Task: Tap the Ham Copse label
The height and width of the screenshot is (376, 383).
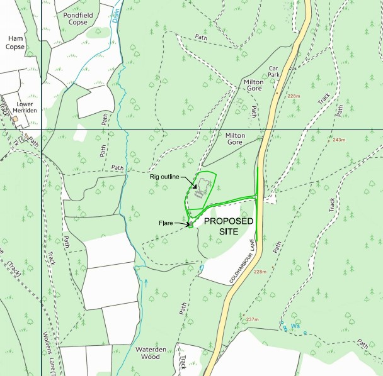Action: (x=14, y=42)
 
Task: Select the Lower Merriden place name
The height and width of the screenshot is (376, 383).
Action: (x=25, y=106)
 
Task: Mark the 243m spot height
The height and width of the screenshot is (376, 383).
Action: (x=340, y=139)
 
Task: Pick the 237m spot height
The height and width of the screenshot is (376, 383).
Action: (x=253, y=319)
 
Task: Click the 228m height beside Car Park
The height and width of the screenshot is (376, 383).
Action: (x=293, y=96)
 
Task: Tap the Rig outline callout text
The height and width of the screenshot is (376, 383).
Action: (x=169, y=177)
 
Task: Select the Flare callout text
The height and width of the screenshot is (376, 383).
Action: (x=167, y=223)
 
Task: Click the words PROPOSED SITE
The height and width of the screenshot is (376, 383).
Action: (x=229, y=226)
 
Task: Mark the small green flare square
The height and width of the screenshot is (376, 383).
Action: (x=190, y=224)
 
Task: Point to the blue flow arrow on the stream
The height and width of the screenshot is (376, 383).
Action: (x=146, y=282)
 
